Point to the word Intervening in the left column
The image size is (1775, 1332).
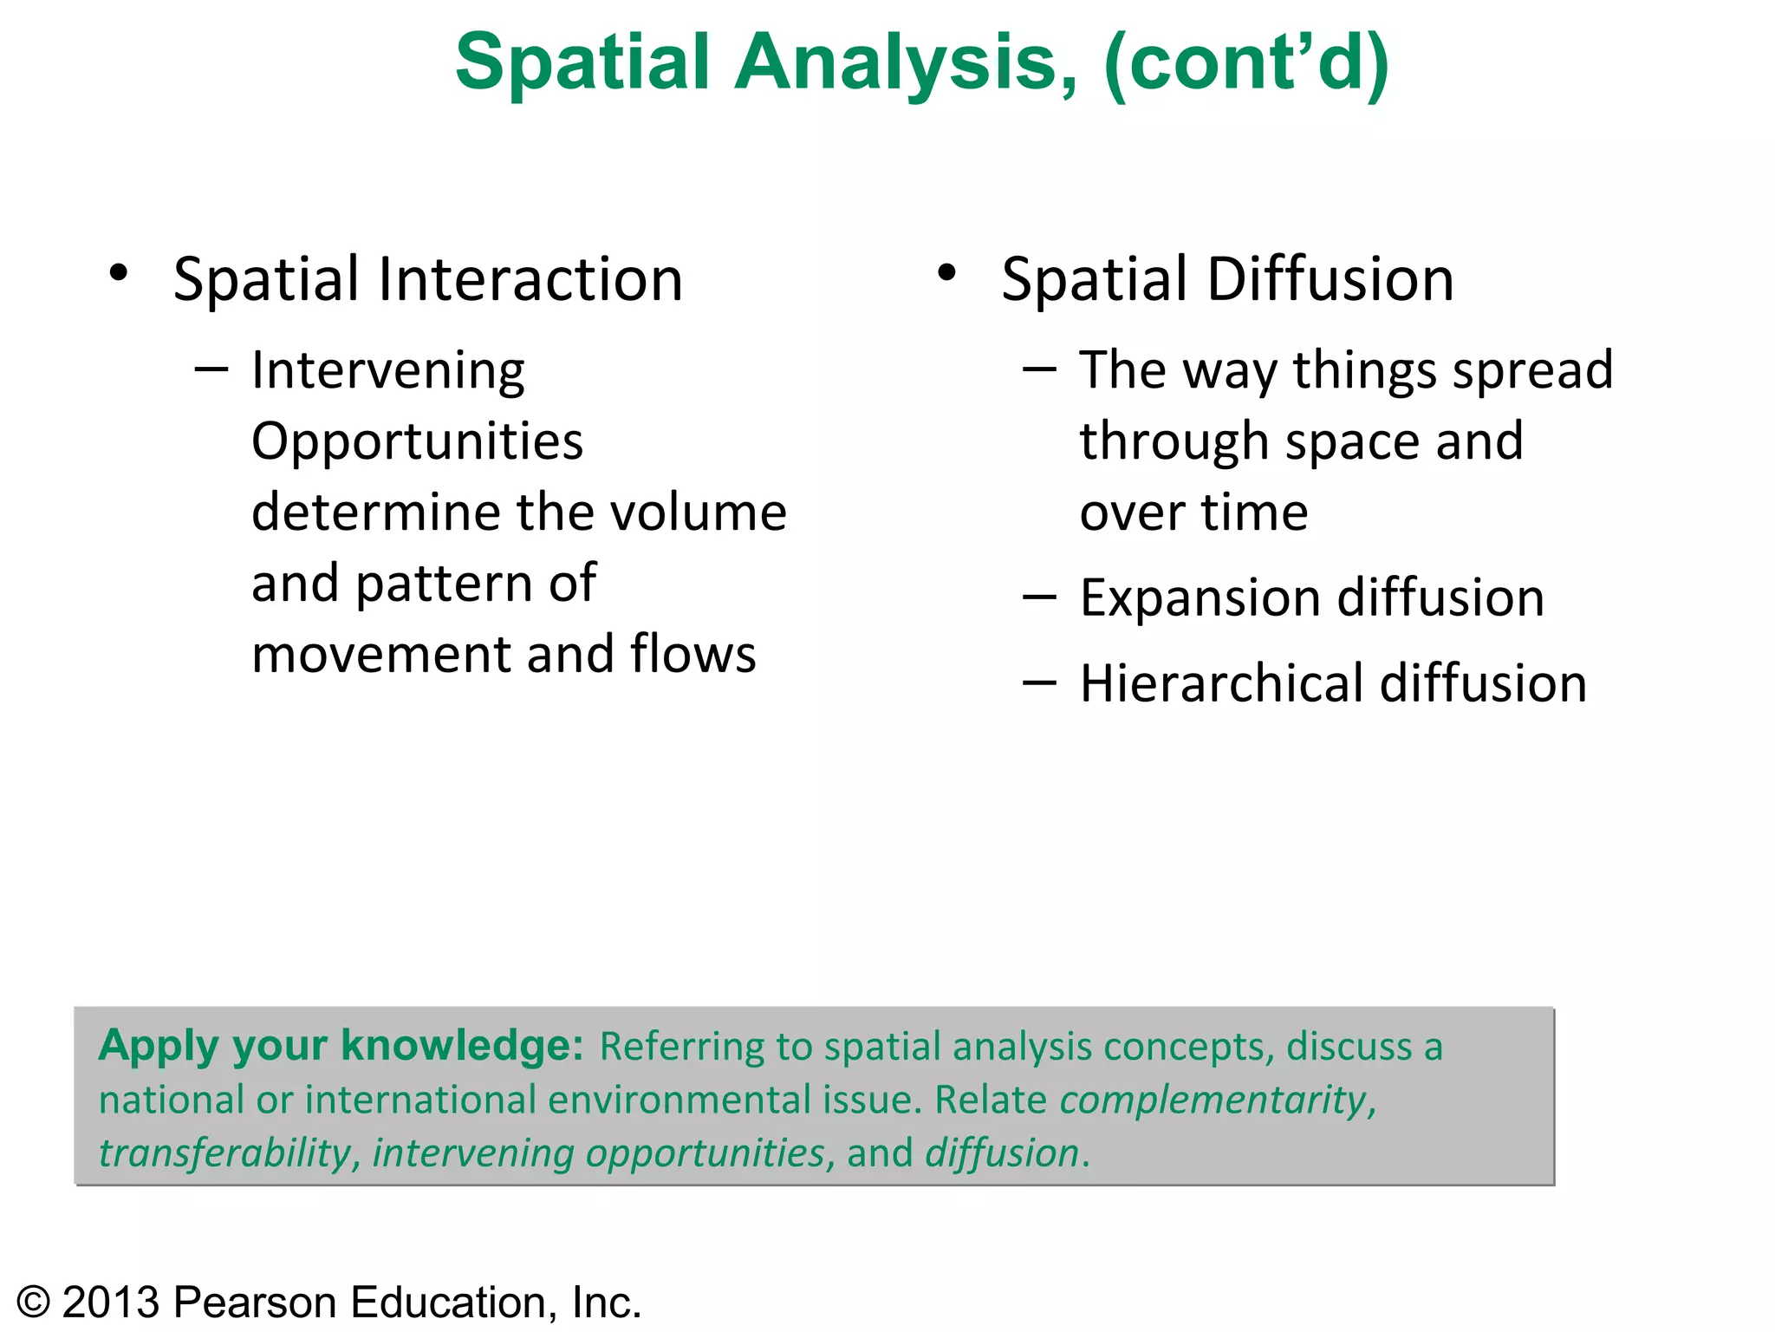pos(387,371)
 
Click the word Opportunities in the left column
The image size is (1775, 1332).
pos(417,442)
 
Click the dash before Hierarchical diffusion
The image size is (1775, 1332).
pos(1039,683)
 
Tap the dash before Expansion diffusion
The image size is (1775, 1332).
pos(1039,598)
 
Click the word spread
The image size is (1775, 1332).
pos(1532,371)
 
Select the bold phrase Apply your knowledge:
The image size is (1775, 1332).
pos(341,1046)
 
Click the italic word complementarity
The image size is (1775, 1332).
pos(1213,1100)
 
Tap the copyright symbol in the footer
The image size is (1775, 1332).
pos(34,1303)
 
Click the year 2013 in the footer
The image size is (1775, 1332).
pos(112,1303)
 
